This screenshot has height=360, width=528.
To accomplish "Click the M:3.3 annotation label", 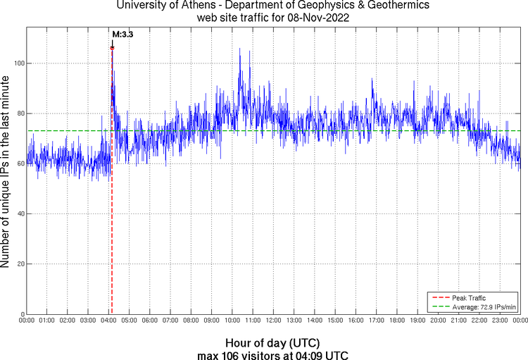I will point(122,34).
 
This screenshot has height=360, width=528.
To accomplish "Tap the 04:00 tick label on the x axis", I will point(108,321).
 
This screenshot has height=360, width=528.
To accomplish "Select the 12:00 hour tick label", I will point(273,321).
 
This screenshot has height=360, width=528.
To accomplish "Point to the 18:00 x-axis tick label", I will point(397,321).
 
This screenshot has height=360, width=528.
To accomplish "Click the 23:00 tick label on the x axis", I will point(500,321).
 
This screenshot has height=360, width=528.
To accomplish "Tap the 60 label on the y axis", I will point(20,163).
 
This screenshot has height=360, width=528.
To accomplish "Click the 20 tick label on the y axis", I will point(20,264).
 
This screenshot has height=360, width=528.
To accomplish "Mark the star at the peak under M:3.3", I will point(112,48).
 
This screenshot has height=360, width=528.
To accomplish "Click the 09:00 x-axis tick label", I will point(211,321).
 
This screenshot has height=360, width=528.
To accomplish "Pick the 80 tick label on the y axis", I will point(20,113).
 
